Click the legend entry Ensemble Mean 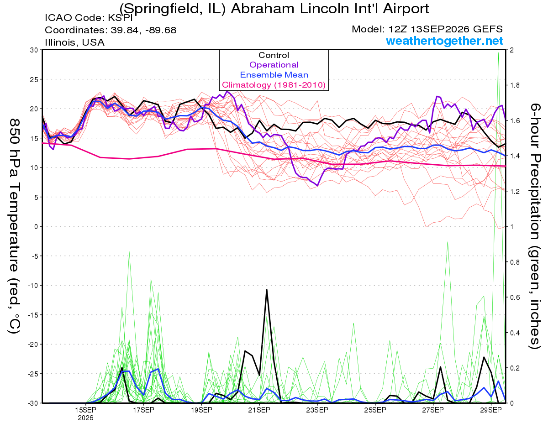(274, 75)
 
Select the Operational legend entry (274, 65)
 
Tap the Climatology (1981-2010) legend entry (274, 85)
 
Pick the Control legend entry (274, 55)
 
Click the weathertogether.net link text (444, 41)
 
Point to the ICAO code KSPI (120, 18)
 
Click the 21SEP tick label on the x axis (259, 410)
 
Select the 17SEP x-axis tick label (143, 410)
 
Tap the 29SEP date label (491, 410)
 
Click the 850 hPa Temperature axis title (15, 226)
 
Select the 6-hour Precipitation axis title (535, 226)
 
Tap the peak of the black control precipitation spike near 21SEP (267, 289)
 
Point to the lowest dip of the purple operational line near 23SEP (317, 186)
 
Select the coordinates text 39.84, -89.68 (143, 30)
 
